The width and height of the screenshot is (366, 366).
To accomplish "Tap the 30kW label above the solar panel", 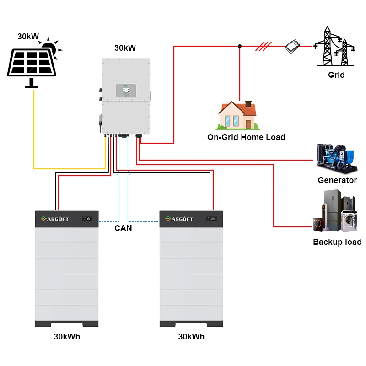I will coord(28,36).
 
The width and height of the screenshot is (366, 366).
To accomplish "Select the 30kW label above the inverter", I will coord(125,48).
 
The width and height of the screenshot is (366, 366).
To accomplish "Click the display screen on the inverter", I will coord(124,91).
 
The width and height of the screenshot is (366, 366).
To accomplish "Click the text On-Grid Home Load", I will coord(246,137).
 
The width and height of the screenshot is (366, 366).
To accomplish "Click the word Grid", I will coord(336,75).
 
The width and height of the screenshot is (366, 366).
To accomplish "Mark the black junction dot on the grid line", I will coord(240,46).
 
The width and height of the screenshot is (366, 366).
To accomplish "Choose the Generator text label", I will coord(337,180).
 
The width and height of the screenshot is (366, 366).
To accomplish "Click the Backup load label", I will coord(337,242).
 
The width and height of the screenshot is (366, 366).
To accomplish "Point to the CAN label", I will coord(123,228).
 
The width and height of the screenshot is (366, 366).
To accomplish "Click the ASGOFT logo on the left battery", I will coord(54,219).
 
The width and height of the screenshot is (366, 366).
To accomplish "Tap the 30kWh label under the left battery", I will coord(67,337).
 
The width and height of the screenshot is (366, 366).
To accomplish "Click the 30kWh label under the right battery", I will coord(191,337).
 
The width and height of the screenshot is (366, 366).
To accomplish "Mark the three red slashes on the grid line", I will coord(264,46).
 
